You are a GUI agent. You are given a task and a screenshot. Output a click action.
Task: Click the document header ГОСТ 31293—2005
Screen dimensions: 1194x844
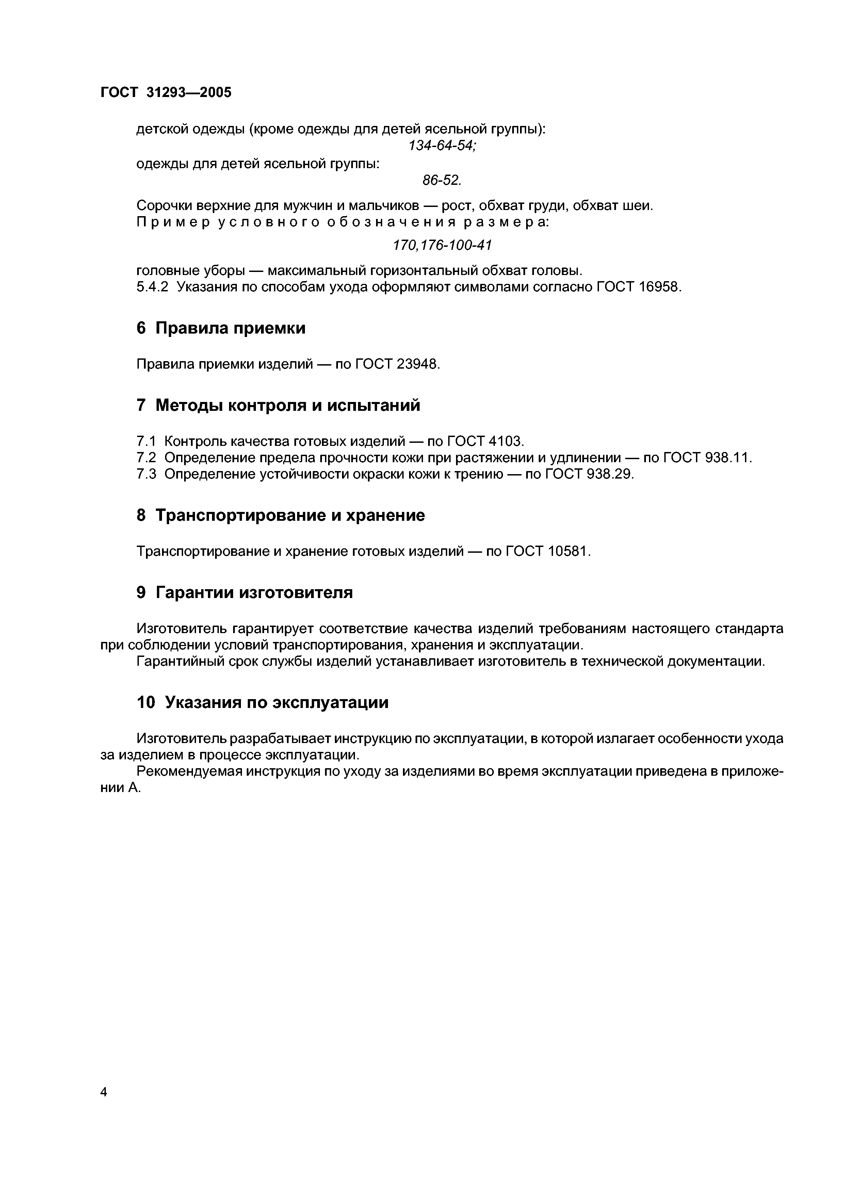tap(165, 93)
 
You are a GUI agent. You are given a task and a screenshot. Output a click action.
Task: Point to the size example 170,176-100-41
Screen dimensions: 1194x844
tap(442, 245)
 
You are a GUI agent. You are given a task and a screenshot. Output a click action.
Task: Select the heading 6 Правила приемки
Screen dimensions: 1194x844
tap(221, 328)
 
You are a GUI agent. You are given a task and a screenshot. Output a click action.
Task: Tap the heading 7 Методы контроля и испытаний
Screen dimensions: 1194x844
tap(278, 405)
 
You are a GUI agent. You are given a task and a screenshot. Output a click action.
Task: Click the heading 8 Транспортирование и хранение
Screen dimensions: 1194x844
tap(281, 515)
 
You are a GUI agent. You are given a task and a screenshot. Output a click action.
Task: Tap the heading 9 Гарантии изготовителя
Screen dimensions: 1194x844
tap(244, 592)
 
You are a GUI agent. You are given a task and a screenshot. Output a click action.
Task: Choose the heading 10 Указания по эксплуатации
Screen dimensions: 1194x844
tap(263, 703)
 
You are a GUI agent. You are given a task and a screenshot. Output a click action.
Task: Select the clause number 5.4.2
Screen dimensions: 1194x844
tap(152, 287)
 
